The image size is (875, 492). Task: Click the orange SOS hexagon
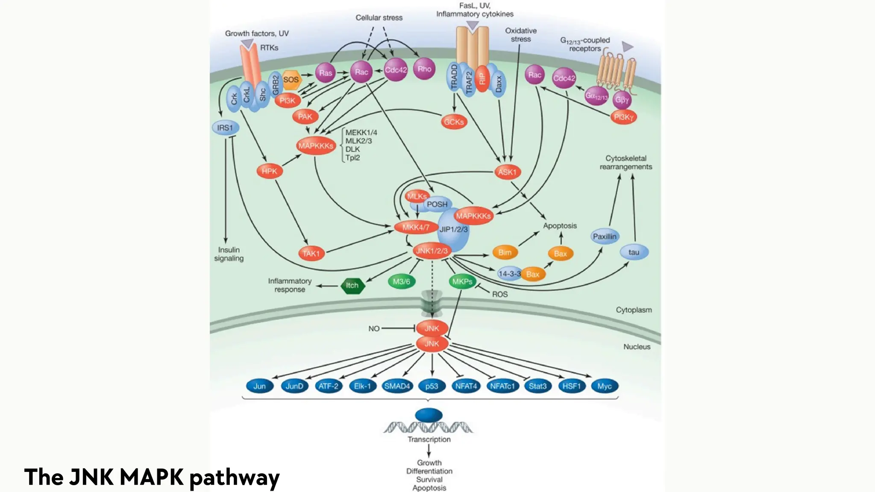coord(291,80)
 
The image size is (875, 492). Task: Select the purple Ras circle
coord(326,73)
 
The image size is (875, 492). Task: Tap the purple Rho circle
coord(424,69)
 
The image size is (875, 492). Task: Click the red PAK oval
coord(305,117)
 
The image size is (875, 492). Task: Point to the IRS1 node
coord(225,128)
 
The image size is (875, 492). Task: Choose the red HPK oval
coord(270,171)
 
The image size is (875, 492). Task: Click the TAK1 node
coord(311,253)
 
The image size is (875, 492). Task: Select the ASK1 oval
coord(507,172)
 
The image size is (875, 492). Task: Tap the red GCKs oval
coord(454,122)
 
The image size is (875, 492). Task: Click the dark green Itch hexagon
coord(352,285)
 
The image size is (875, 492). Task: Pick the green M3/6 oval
coord(401,281)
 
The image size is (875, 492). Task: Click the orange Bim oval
coord(505,252)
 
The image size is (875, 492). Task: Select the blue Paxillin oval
coord(605,236)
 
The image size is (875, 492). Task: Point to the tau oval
coord(634,252)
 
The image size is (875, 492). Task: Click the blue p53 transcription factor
coord(432,386)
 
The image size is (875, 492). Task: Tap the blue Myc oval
coord(604,386)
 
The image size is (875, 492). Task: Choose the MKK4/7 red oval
coord(416,227)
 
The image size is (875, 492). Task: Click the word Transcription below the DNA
coord(429,439)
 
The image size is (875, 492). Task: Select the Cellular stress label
coord(379,18)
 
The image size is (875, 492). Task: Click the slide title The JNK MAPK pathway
coord(152,477)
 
